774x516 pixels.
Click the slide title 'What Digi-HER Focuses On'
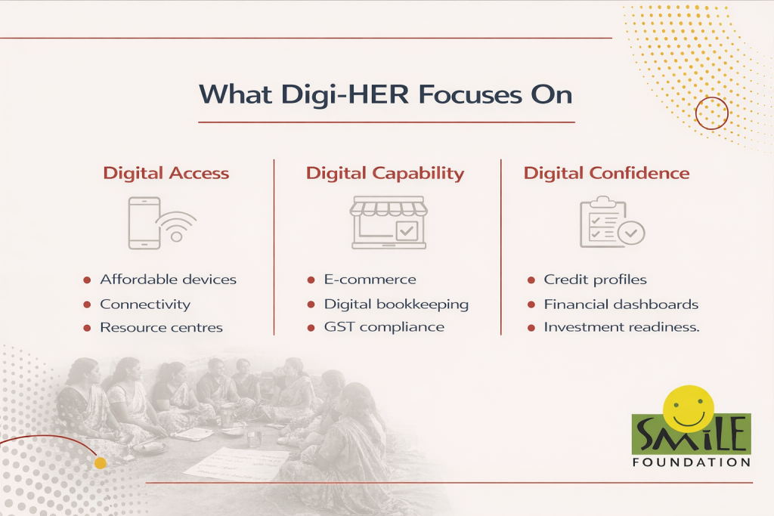pos(385,94)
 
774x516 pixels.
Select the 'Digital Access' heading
pos(166,173)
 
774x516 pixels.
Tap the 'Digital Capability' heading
pos(385,174)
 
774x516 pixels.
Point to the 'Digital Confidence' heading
pos(606,173)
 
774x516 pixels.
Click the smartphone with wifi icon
pos(162,223)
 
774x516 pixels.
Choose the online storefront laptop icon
pos(389,222)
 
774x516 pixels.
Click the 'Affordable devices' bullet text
pos(169,280)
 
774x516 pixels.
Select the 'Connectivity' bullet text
pos(145,304)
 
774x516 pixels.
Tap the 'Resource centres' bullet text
pos(162,328)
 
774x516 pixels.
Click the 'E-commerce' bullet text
pos(370,280)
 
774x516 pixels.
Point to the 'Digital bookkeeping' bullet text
pos(396,304)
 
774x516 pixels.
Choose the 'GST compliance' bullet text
pos(384,327)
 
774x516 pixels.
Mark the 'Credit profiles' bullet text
pos(596,280)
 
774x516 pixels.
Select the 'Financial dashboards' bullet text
pos(621,304)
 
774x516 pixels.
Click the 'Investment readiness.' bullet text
pos(621,327)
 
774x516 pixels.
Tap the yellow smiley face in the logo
pos(689,409)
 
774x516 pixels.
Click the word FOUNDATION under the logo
pos(692,462)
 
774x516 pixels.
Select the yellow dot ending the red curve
pos(101,462)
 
